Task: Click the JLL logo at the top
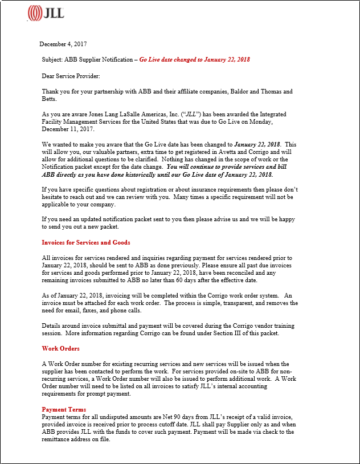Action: (x=46, y=12)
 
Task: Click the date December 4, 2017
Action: (x=63, y=44)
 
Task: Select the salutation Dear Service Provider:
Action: (x=71, y=75)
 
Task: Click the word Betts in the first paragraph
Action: (x=49, y=99)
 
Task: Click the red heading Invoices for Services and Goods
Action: (x=86, y=242)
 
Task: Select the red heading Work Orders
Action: (x=61, y=348)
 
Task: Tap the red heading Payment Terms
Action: (x=64, y=409)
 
